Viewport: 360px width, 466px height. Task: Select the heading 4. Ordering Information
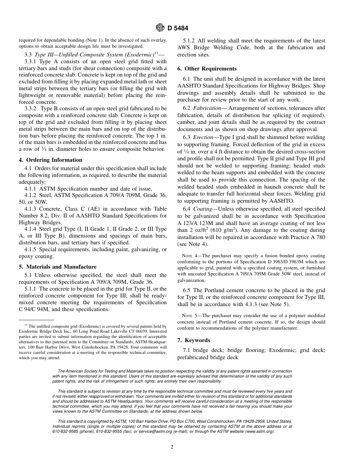click(x=50, y=160)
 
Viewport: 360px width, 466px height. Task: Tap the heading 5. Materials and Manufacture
click(x=58, y=267)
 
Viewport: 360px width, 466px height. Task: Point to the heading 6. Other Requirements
click(x=207, y=69)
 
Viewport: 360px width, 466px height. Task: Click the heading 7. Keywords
click(x=194, y=340)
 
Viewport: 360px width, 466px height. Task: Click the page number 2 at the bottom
click(x=172, y=447)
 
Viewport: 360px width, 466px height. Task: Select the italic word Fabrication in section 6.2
click(x=207, y=108)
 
